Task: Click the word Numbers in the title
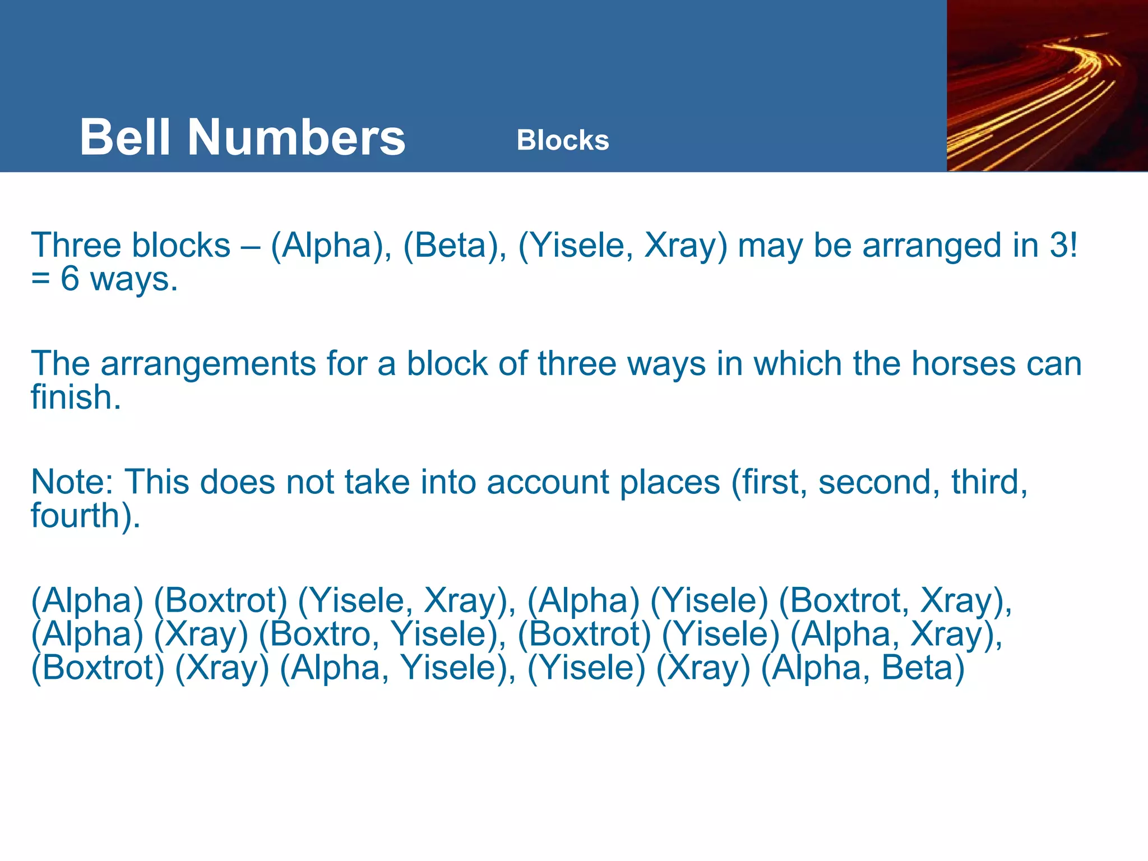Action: point(296,137)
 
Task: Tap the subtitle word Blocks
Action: point(562,140)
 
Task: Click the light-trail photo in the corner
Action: point(1047,86)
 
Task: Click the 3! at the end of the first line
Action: point(1063,246)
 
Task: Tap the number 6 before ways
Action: point(70,279)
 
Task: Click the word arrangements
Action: point(208,364)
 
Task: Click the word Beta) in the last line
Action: point(923,668)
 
